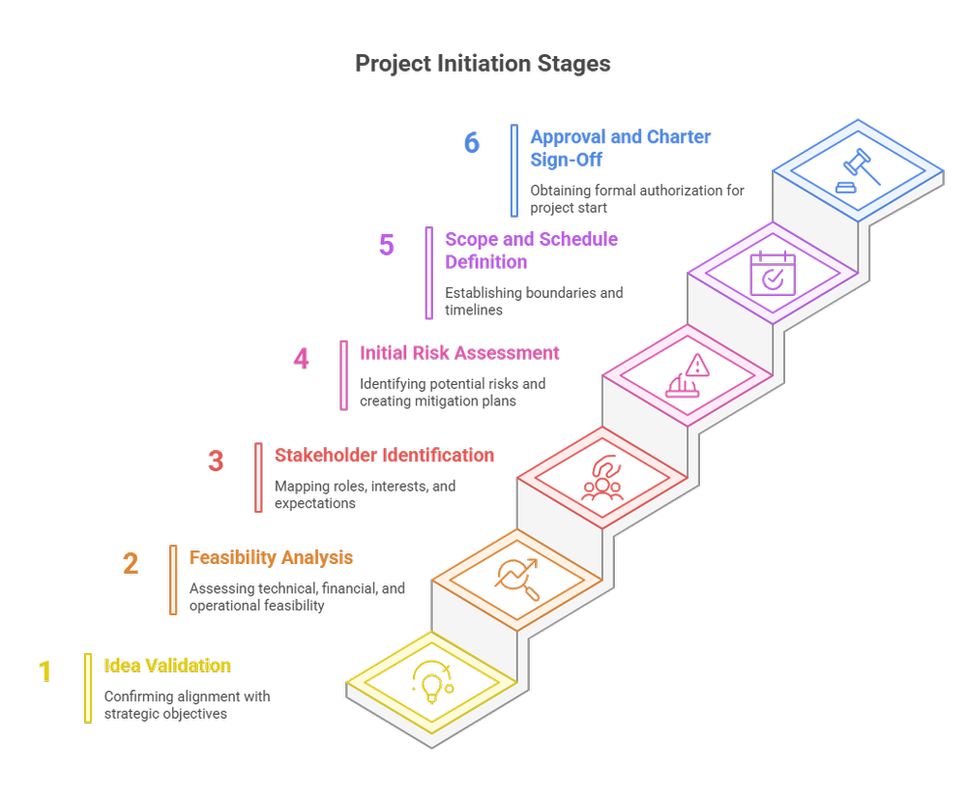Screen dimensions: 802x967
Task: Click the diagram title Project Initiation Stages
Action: coord(483,64)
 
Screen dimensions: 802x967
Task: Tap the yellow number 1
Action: coord(45,670)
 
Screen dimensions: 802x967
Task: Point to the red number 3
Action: coord(216,460)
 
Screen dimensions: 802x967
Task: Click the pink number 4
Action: coord(302,359)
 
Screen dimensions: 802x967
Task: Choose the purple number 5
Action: coord(387,245)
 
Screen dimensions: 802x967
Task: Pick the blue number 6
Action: coord(471,143)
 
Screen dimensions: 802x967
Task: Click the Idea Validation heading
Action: coord(166,666)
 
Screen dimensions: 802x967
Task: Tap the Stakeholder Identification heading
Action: coord(384,455)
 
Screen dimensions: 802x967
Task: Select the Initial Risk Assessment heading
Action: coord(459,353)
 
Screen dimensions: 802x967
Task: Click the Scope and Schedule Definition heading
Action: coord(531,250)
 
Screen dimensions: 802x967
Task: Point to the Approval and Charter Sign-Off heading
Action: coord(620,148)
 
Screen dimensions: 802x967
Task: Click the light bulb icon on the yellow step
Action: coord(431,681)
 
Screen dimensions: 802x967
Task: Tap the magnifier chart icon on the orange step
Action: coord(514,578)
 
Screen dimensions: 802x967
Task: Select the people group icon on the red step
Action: coord(602,477)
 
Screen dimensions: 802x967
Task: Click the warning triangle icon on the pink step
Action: coord(688,374)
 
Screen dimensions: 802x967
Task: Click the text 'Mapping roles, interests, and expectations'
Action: coord(365,494)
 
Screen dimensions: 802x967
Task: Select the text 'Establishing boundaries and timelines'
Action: coord(534,301)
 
